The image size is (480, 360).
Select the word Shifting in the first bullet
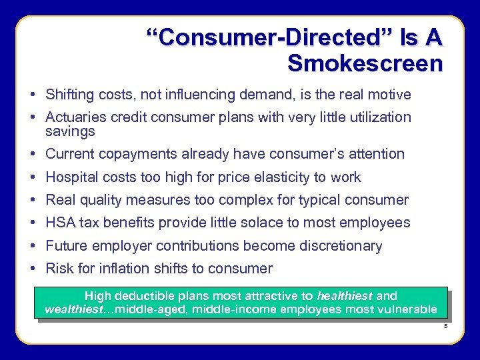(x=69, y=95)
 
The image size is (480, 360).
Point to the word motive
(x=390, y=95)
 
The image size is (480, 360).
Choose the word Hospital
(x=70, y=177)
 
